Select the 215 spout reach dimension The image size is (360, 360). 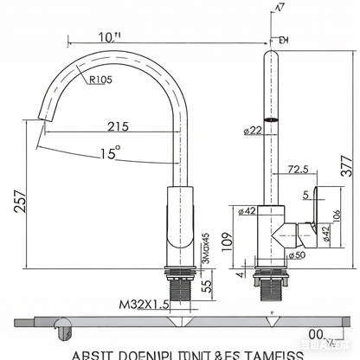118,126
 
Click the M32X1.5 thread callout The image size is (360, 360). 144,303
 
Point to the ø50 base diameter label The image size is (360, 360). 297,255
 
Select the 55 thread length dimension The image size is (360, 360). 208,286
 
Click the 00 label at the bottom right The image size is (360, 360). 316,335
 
